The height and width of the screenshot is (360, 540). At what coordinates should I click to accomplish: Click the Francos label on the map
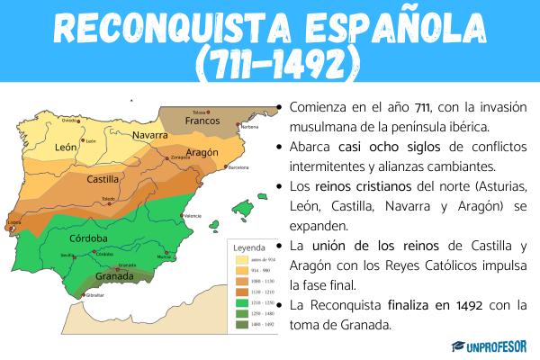click(x=202, y=121)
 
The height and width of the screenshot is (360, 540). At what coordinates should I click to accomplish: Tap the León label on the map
click(x=66, y=147)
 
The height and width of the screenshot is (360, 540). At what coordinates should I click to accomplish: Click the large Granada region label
click(x=114, y=277)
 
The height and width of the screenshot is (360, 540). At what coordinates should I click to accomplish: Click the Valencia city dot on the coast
click(x=183, y=213)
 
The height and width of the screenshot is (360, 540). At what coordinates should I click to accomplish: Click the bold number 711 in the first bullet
click(x=387, y=108)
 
